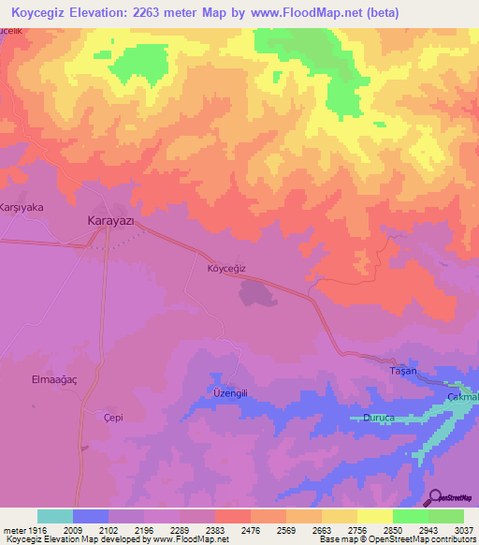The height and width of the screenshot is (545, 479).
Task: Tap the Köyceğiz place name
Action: (x=225, y=268)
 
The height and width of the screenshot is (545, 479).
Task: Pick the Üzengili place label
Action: (x=229, y=393)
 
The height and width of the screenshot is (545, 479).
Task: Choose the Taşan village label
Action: (x=401, y=372)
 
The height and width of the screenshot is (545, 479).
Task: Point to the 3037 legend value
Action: (x=465, y=530)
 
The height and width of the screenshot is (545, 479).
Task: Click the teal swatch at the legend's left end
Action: (x=55, y=516)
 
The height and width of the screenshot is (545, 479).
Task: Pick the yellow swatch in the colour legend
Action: (x=374, y=516)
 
